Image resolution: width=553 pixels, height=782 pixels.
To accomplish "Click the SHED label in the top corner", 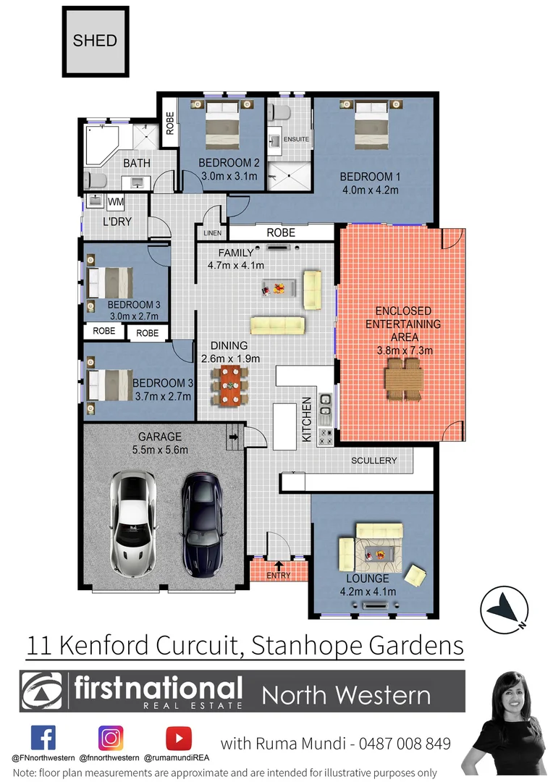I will click(x=95, y=40).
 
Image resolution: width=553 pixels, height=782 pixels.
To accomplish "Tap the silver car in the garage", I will click(x=132, y=519).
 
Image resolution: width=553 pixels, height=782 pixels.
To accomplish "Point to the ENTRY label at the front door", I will click(x=279, y=576).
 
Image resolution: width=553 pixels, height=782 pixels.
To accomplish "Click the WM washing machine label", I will click(x=116, y=201).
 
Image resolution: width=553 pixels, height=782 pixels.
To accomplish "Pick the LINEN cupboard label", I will click(x=212, y=233).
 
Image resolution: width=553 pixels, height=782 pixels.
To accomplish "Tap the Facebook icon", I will click(x=43, y=738).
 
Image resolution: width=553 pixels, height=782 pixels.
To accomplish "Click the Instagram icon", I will click(x=111, y=738).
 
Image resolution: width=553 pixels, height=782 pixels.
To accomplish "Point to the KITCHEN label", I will click(x=307, y=420).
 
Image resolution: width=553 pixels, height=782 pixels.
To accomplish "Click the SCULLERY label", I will click(x=373, y=461).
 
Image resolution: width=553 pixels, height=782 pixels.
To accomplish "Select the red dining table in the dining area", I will click(x=229, y=385).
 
